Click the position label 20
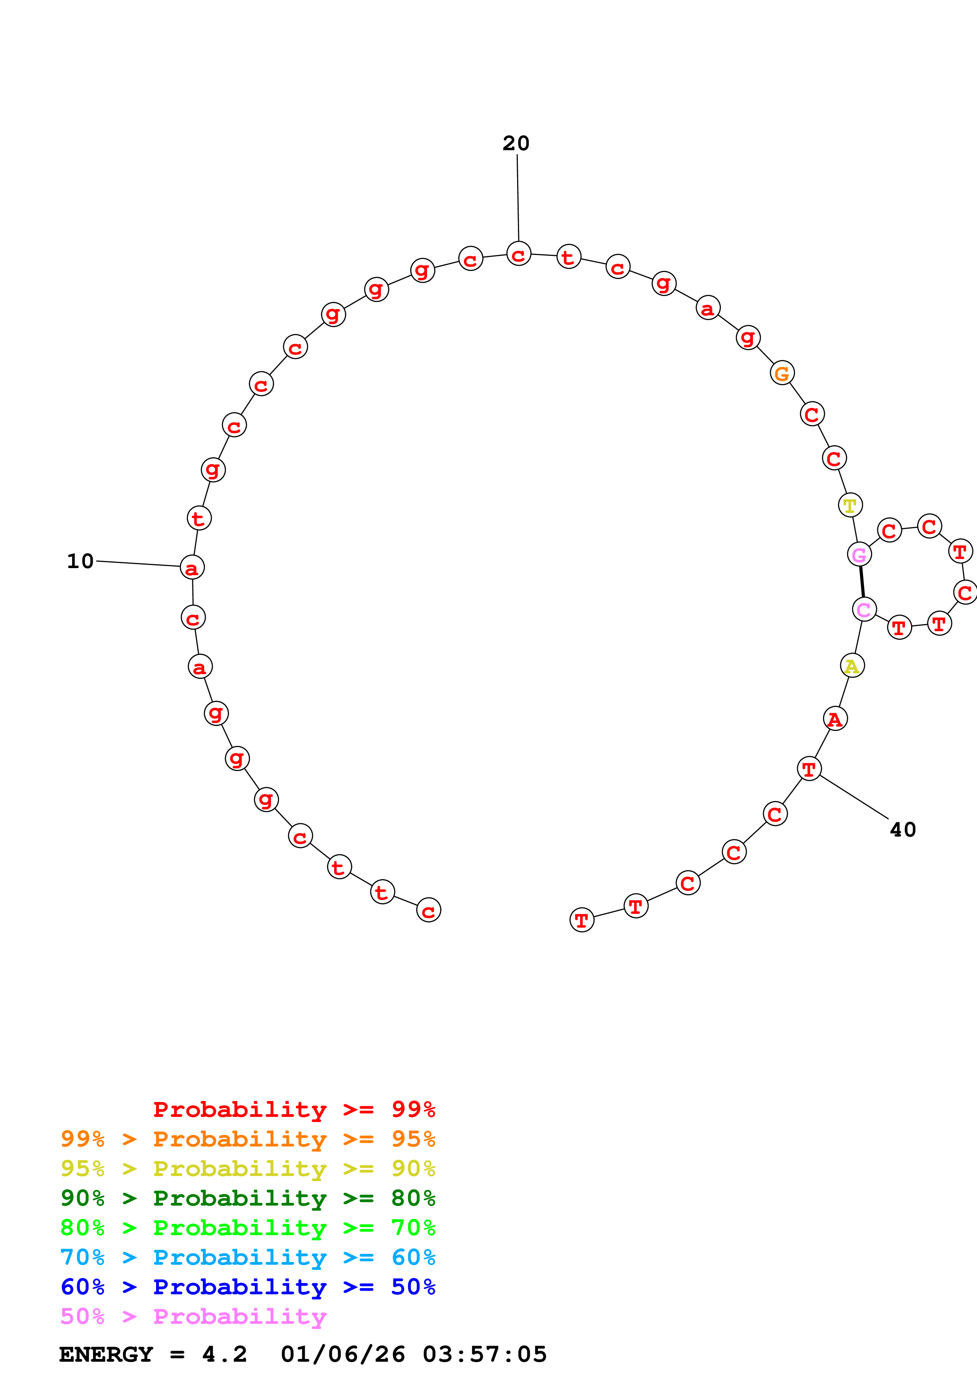point(516,144)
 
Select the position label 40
point(903,830)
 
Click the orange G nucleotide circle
point(782,373)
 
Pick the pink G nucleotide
point(859,554)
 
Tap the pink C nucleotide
point(864,609)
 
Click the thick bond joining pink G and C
point(862,582)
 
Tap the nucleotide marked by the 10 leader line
point(192,567)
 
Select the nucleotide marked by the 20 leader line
point(518,254)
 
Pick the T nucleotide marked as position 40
point(809,769)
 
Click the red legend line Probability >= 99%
point(294,1109)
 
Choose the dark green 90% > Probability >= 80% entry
point(248,1198)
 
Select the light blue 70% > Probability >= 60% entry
point(248,1257)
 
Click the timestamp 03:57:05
point(485,1355)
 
